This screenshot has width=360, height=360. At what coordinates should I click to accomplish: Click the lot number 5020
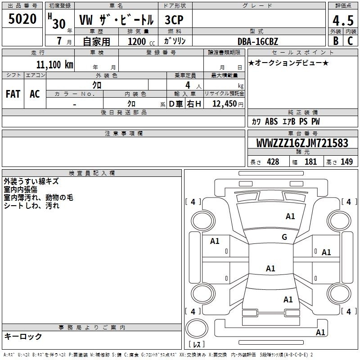pyautogui.click(x=22, y=19)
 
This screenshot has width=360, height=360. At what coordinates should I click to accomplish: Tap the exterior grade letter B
pyautogui.click(x=335, y=40)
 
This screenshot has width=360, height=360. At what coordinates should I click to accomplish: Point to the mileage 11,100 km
pyautogui.click(x=51, y=64)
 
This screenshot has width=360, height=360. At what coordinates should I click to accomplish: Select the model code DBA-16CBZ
pyautogui.click(x=258, y=41)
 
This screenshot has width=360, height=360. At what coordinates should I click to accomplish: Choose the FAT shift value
pyautogui.click(x=13, y=94)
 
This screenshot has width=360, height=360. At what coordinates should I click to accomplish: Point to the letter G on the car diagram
pyautogui.click(x=284, y=237)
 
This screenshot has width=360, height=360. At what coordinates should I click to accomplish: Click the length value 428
pyautogui.click(x=272, y=162)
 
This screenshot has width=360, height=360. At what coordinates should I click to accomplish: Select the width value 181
pyautogui.click(x=310, y=162)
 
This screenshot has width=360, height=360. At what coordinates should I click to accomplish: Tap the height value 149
pyautogui.click(x=346, y=162)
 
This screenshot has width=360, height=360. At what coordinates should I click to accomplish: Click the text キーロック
pyautogui.click(x=23, y=336)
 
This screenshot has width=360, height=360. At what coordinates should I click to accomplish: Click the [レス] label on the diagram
pyautogui.click(x=196, y=345)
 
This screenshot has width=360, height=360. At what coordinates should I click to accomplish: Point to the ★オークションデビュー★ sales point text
pyautogui.click(x=288, y=63)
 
